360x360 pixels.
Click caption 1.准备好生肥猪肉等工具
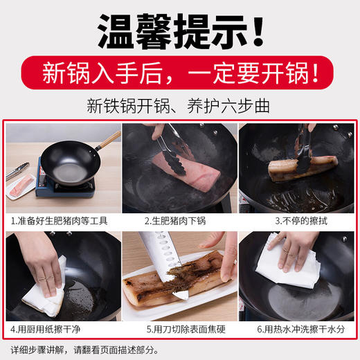tap(60, 222)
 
